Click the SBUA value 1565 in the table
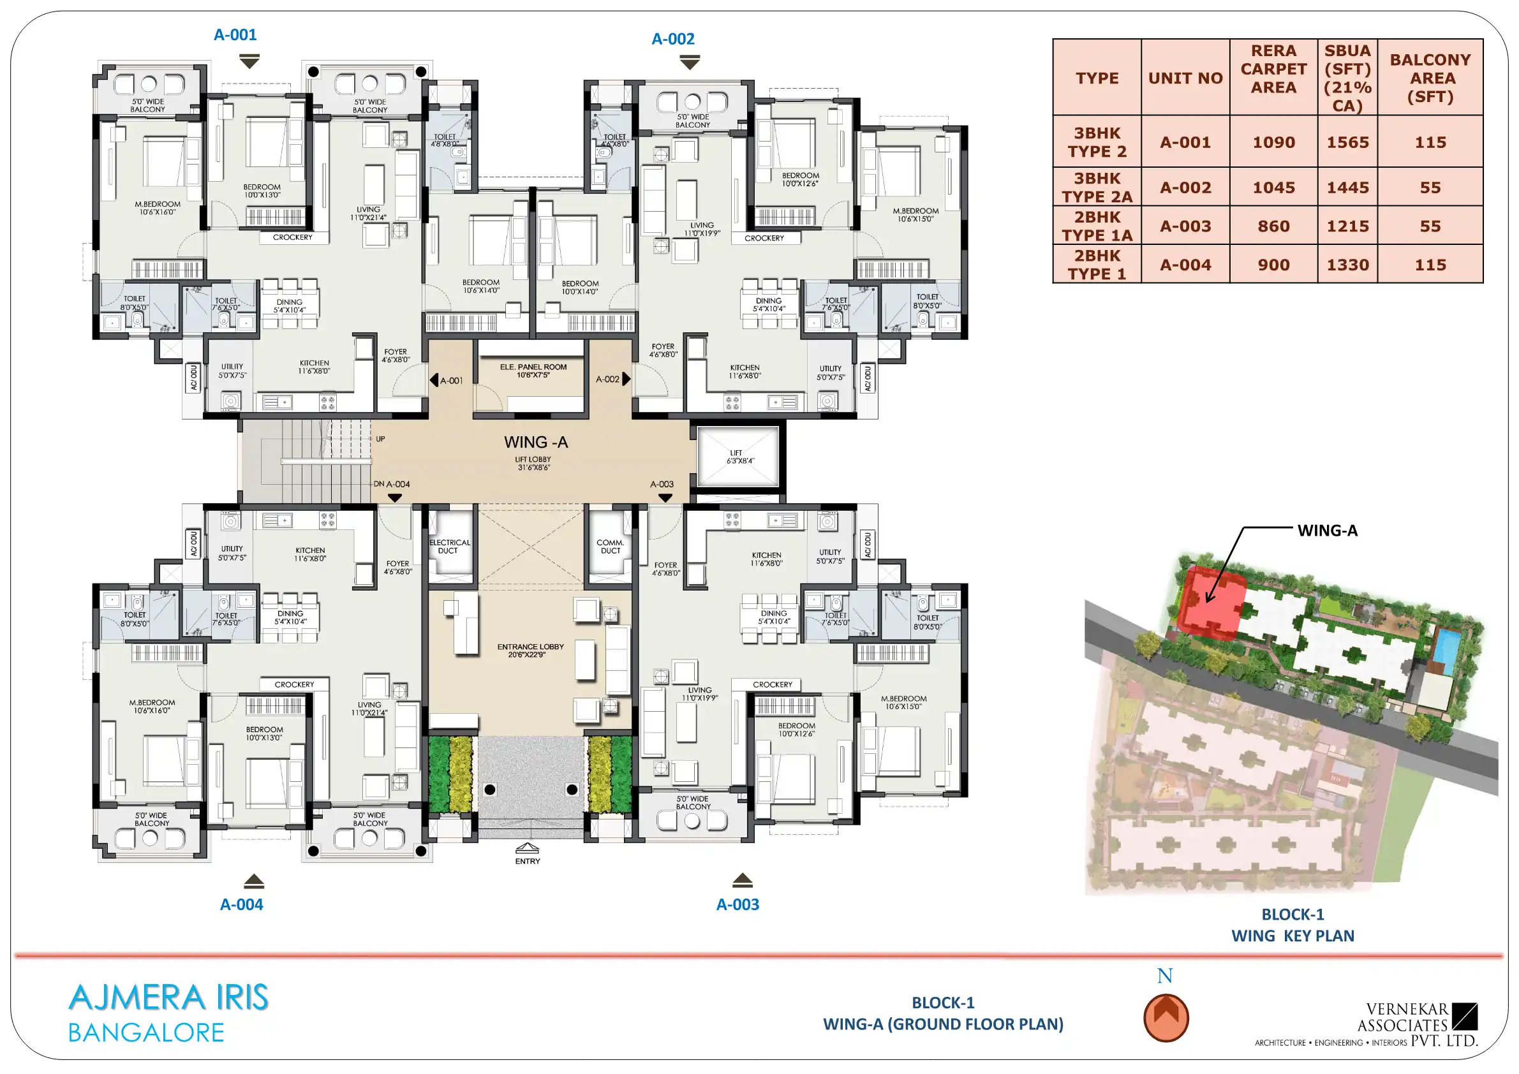tap(1347, 142)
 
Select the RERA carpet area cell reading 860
tap(1273, 226)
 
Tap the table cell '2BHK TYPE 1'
tap(1096, 265)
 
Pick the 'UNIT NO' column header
tap(1185, 78)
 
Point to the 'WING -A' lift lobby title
tap(536, 442)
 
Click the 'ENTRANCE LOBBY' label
tap(531, 647)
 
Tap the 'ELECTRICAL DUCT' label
tap(450, 547)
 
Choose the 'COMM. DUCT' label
tap(610, 547)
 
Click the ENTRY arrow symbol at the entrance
tap(528, 848)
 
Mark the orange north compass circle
tap(1166, 1019)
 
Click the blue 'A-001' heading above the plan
tap(235, 34)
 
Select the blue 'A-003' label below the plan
tap(737, 904)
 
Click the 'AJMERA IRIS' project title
tap(168, 997)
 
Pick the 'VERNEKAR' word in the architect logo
tap(1407, 1009)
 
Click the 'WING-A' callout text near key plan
tap(1327, 531)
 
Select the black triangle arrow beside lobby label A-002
tap(626, 379)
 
